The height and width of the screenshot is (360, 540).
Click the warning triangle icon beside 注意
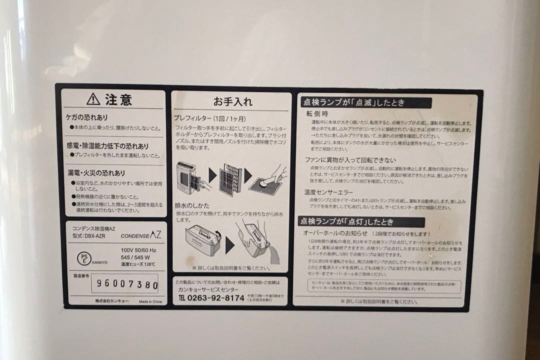pos(93,99)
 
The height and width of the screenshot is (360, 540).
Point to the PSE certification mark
pos(83,258)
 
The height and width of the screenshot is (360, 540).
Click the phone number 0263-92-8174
pos(215,298)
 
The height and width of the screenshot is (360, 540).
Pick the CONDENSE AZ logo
pos(141,234)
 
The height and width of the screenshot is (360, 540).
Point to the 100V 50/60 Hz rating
pos(138,250)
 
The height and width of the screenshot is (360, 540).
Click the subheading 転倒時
pos(317,114)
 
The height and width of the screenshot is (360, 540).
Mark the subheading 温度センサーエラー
pos(328,192)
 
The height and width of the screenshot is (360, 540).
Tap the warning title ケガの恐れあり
pos(87,117)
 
